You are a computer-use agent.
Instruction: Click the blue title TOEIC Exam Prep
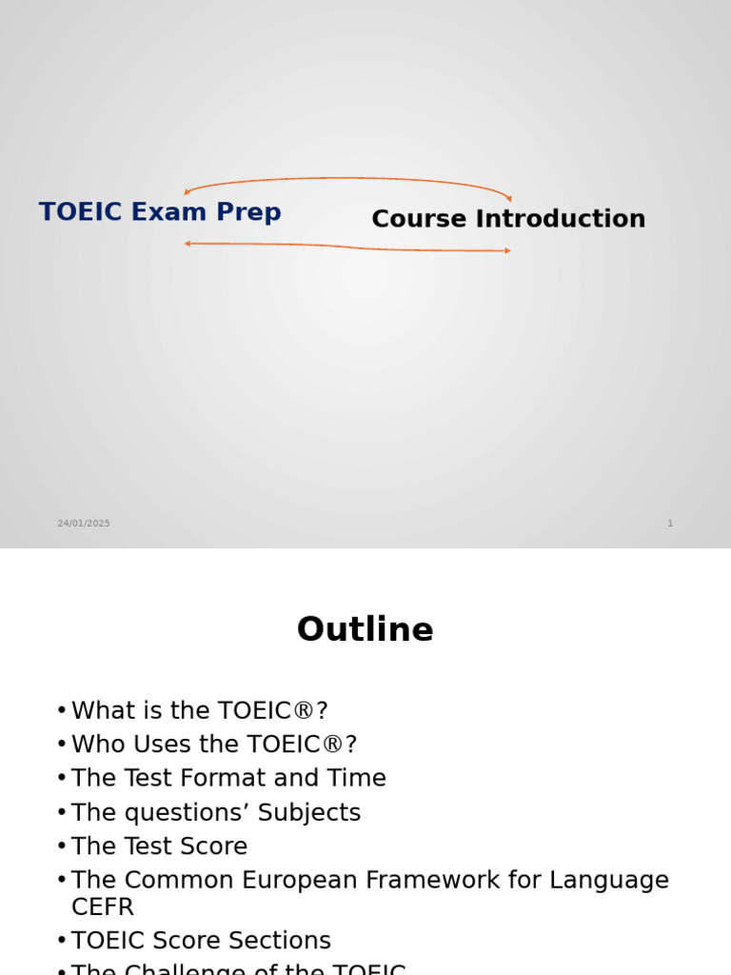pyautogui.click(x=160, y=211)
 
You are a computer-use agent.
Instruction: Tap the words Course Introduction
pyautogui.click(x=508, y=219)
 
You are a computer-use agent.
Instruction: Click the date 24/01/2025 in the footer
pyautogui.click(x=84, y=524)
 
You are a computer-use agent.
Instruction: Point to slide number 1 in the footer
pyautogui.click(x=670, y=524)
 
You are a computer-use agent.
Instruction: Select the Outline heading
pyautogui.click(x=365, y=630)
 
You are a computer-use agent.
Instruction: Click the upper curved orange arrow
pyautogui.click(x=348, y=178)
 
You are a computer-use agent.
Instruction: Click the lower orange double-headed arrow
pyautogui.click(x=348, y=248)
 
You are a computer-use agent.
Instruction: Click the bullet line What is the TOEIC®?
pyautogui.click(x=200, y=711)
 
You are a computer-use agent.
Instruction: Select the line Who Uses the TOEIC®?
pyautogui.click(x=214, y=745)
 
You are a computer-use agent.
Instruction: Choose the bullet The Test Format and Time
pyautogui.click(x=228, y=779)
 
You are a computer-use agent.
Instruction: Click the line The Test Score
pyautogui.click(x=159, y=846)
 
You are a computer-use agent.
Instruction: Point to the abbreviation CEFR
pyautogui.click(x=103, y=906)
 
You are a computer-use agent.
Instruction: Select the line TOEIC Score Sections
pyautogui.click(x=201, y=941)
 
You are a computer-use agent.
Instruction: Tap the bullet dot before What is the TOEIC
pyautogui.click(x=62, y=711)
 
